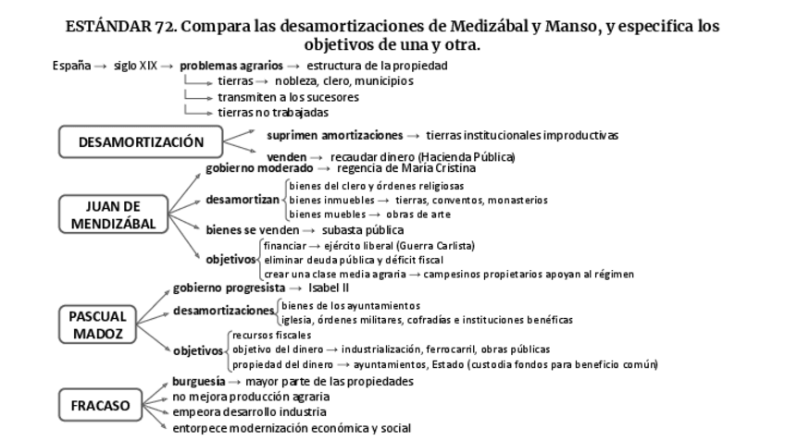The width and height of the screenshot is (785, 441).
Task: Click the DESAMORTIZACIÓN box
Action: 141,142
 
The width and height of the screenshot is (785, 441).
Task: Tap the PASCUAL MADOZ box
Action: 96,325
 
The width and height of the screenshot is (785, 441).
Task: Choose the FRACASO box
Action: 100,404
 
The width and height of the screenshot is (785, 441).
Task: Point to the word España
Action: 71,66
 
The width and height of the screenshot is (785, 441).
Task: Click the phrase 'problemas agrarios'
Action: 231,66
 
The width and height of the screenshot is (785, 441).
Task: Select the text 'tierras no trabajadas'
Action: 260,113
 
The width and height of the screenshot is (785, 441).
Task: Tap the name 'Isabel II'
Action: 329,288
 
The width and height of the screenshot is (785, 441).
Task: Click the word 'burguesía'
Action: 198,381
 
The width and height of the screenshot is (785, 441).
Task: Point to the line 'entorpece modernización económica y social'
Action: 292,428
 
